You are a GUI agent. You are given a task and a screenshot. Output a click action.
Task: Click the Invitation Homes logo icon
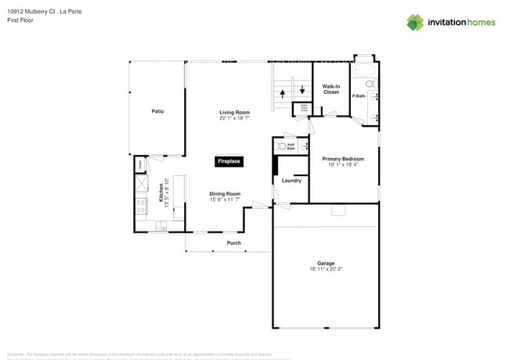(415, 22)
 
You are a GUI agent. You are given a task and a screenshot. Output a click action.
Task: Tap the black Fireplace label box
(229, 161)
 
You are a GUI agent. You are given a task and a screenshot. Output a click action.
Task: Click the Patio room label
(157, 111)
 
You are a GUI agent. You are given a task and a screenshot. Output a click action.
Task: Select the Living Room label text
(234, 113)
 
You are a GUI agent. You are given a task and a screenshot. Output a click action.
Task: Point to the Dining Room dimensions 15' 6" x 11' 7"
(225, 200)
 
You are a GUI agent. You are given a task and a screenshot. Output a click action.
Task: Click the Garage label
(326, 263)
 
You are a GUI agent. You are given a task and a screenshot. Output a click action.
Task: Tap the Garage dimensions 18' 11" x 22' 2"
(326, 269)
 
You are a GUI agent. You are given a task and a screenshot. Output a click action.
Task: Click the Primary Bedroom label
(343, 159)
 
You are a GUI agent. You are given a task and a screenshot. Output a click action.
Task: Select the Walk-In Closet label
(331, 89)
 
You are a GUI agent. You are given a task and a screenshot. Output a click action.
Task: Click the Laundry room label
(291, 181)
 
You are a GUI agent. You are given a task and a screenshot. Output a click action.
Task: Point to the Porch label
(234, 243)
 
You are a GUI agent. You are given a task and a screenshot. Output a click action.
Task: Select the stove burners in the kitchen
(141, 207)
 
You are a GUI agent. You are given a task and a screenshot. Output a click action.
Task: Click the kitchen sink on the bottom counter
(161, 226)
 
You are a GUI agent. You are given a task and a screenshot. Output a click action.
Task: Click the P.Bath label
(359, 95)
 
